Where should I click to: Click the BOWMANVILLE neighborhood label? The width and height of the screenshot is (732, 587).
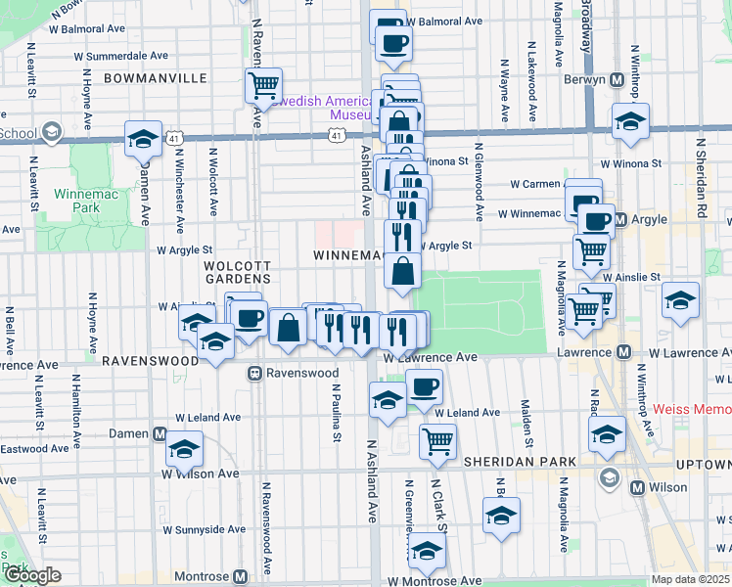tap(142, 76)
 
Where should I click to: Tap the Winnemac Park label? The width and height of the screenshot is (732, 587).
tap(78, 201)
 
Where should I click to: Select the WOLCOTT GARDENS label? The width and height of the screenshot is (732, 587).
tap(236, 272)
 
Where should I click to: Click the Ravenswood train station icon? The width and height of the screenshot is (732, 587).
tap(254, 373)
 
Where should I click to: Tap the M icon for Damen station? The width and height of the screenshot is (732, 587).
tap(159, 433)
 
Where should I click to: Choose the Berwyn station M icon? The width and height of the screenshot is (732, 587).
tap(618, 79)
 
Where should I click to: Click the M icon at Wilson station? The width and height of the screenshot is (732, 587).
tap(638, 487)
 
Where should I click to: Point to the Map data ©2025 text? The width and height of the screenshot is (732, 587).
tap(691, 579)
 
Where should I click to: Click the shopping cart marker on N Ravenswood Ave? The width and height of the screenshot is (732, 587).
tap(263, 86)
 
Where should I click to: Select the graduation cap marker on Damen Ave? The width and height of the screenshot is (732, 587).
tap(143, 138)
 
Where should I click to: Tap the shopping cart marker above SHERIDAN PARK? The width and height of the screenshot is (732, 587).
tap(437, 441)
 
